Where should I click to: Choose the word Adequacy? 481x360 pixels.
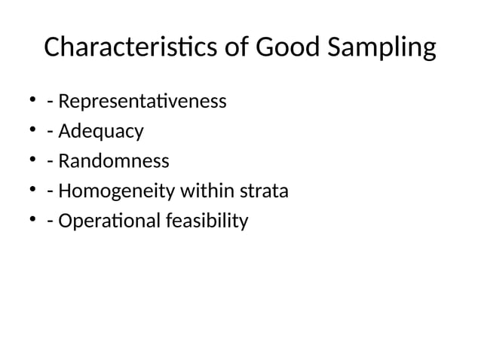100,132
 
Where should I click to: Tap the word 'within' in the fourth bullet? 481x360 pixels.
204,191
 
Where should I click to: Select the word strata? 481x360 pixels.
263,191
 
